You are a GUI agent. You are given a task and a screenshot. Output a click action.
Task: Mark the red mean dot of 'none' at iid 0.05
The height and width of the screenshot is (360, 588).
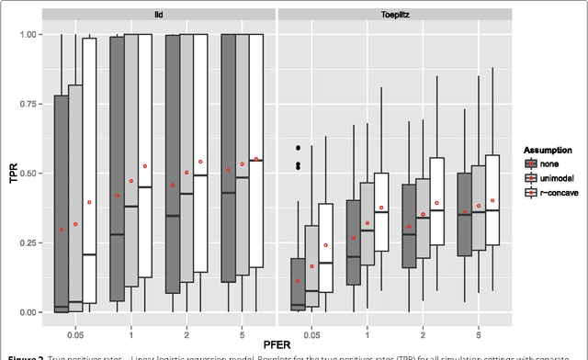62,229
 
